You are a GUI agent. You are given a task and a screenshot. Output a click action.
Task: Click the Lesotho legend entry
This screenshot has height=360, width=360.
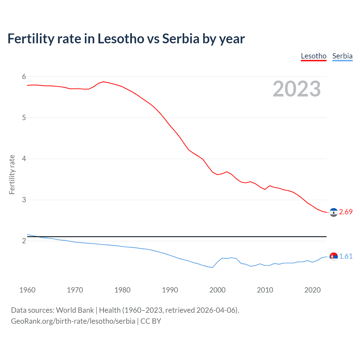314,56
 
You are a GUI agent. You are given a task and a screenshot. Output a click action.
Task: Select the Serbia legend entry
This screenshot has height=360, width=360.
342,56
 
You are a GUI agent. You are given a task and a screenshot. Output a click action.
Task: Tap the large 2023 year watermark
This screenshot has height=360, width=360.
297,89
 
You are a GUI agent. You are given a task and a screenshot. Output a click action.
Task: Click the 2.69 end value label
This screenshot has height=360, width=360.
346,212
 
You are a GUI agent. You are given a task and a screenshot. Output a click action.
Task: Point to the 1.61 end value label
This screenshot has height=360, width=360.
346,256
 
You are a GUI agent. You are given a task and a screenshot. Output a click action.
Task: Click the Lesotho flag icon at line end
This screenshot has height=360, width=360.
334,212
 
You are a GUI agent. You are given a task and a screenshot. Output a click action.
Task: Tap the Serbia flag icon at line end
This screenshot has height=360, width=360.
334,256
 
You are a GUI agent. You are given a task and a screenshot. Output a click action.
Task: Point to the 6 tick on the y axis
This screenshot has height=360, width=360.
24,76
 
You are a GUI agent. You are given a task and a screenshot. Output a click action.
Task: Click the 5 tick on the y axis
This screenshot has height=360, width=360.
24,118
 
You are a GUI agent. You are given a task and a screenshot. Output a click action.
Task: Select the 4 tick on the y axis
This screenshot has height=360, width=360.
24,159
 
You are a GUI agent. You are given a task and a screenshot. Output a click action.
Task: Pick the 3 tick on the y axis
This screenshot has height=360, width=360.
24,200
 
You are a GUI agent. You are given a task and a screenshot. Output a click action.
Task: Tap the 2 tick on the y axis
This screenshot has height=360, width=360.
24,241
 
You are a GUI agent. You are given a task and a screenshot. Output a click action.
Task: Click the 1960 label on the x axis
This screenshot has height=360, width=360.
27,290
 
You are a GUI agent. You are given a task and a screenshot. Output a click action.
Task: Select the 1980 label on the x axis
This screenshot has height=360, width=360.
122,290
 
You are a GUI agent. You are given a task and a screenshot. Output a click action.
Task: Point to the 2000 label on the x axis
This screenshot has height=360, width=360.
217,290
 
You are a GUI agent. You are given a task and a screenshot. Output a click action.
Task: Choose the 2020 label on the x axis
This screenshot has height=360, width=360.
312,290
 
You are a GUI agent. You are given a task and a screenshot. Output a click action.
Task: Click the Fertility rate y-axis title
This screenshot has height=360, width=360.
12,174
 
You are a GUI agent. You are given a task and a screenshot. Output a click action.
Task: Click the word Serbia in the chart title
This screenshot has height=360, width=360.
181,39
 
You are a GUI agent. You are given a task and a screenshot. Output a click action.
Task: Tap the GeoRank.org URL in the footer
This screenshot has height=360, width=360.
73,321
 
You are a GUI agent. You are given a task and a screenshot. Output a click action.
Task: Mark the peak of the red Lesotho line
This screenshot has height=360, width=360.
103,82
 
